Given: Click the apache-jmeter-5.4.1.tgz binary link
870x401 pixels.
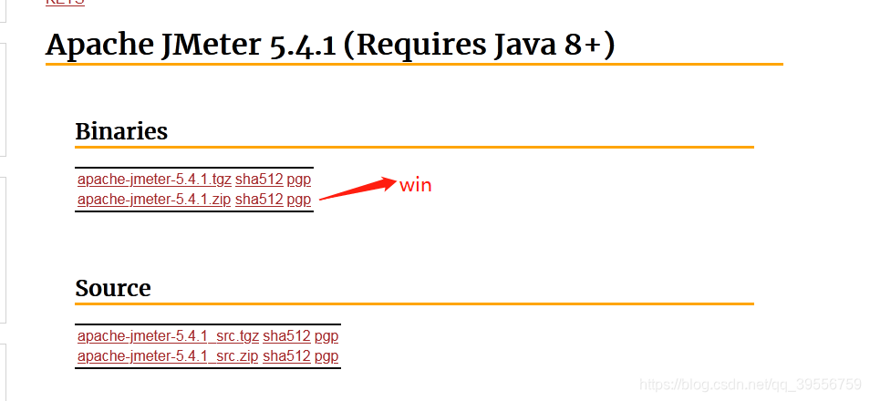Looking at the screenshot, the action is [x=154, y=180].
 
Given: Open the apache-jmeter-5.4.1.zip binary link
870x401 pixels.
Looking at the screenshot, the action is [x=154, y=200].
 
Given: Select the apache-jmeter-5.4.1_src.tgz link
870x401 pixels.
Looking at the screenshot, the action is [x=168, y=336].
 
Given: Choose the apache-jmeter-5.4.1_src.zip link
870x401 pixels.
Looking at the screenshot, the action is [x=168, y=356].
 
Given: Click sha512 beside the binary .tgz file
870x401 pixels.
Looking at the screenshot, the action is [x=259, y=180].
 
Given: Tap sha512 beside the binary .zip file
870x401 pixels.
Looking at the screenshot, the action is [x=259, y=200].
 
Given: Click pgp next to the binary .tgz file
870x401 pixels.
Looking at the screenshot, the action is [x=299, y=180].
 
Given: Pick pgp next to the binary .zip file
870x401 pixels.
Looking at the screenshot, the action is [x=299, y=200].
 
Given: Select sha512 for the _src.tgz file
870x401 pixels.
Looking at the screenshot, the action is [x=286, y=336].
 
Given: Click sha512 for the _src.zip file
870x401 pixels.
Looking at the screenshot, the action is [x=286, y=356].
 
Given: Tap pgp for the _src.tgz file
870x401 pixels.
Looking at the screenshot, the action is [x=326, y=336].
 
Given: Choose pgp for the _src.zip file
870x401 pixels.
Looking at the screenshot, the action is [x=326, y=356].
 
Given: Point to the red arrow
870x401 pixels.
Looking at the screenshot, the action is [x=357, y=189].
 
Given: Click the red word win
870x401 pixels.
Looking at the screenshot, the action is [x=415, y=185].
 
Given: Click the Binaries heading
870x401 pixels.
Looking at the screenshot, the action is [x=121, y=131].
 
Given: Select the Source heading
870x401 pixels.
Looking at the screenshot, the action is [x=113, y=288].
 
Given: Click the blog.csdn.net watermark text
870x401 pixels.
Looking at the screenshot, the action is [x=751, y=385].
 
